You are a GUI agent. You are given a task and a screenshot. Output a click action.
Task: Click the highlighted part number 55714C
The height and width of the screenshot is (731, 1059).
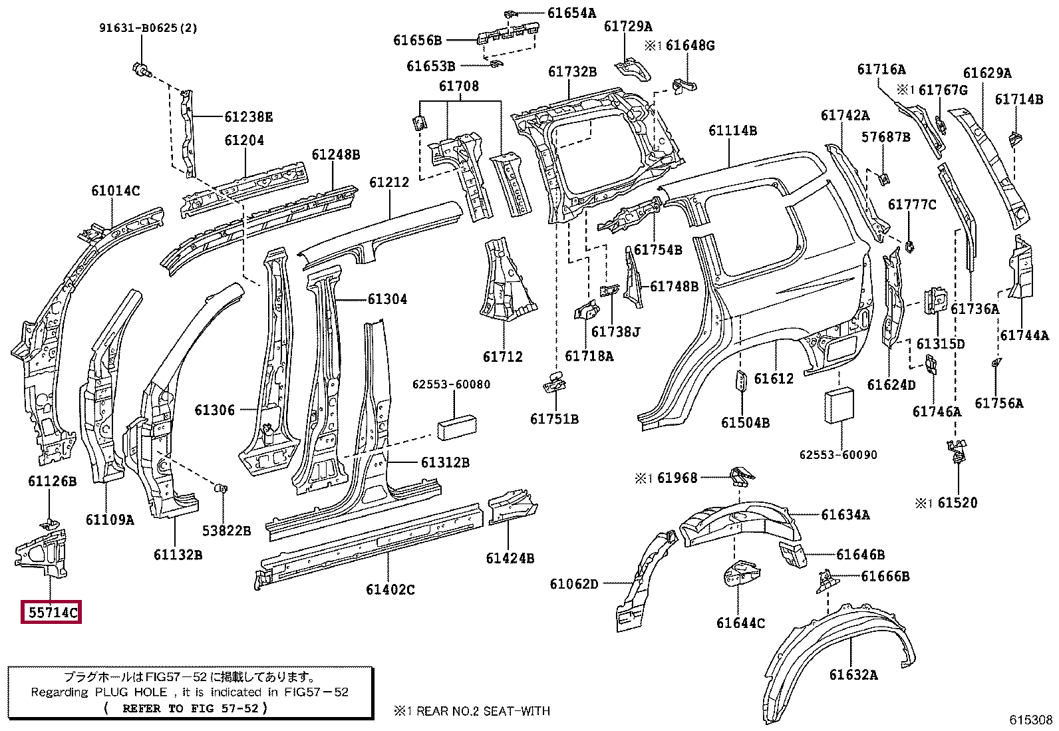(x=51, y=613)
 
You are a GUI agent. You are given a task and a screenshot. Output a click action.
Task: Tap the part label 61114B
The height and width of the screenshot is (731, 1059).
(x=732, y=130)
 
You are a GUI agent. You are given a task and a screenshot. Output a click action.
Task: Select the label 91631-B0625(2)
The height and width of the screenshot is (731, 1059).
(x=148, y=28)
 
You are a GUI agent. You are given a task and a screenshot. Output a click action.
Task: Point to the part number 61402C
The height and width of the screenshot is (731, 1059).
(x=390, y=589)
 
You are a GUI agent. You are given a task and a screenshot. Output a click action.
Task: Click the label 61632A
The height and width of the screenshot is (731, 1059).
(x=853, y=674)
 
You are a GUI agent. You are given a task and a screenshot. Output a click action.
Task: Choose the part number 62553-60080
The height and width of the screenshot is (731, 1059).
(x=451, y=384)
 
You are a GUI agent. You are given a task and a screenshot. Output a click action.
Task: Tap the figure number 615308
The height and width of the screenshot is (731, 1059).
(x=1030, y=720)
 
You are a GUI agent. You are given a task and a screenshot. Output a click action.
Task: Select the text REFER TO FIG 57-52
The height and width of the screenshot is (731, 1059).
(x=190, y=708)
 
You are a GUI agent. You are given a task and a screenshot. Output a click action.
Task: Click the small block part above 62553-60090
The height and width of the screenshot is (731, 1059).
(x=839, y=406)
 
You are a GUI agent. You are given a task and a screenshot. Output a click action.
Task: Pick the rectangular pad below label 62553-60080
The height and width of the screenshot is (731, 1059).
(x=456, y=427)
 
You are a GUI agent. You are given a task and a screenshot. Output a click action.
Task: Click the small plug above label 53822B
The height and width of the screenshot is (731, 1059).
(x=222, y=488)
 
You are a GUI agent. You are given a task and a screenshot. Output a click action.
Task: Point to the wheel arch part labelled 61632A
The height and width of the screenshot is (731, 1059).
(x=838, y=662)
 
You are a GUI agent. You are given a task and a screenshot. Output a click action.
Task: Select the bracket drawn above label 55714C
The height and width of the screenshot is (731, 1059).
(x=41, y=553)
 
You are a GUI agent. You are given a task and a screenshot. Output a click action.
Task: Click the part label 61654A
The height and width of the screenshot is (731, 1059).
(x=571, y=13)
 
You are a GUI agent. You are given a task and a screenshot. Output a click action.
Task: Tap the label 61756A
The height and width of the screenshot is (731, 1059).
(x=999, y=403)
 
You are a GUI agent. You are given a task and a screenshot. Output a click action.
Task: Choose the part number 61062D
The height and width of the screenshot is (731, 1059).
(x=574, y=585)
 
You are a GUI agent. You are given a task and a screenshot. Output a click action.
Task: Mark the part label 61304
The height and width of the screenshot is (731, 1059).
(x=387, y=299)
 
